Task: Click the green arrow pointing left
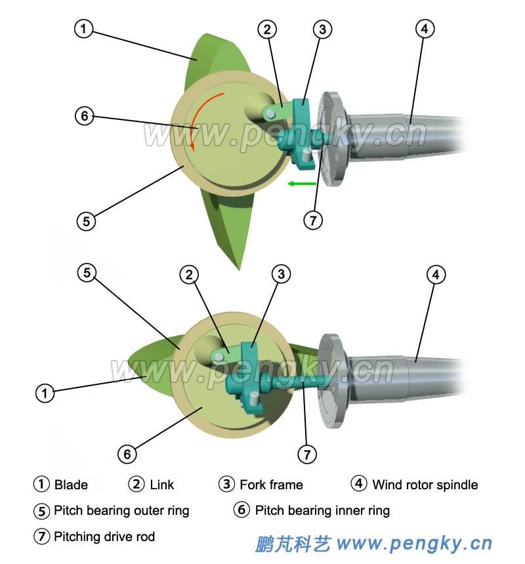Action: click(x=301, y=184)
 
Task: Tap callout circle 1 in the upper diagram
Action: click(x=83, y=28)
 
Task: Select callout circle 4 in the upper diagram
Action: click(x=425, y=29)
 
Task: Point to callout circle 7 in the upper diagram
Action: click(x=313, y=220)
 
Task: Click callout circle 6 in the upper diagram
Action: click(x=83, y=116)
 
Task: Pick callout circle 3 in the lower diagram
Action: click(x=281, y=274)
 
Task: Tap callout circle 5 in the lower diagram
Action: click(x=87, y=273)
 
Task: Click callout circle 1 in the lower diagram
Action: click(x=43, y=393)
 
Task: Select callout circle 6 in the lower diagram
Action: click(x=127, y=453)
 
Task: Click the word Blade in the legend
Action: click(x=71, y=485)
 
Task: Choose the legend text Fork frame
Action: click(x=271, y=485)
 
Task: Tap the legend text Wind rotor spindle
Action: click(x=425, y=485)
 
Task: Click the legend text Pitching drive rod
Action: click(x=104, y=536)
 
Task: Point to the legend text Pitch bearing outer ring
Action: click(x=121, y=510)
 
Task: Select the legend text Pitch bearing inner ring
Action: click(x=322, y=510)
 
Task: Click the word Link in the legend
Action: click(x=161, y=485)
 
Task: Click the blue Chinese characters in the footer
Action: click(x=292, y=544)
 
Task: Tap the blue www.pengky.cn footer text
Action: click(x=413, y=544)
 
